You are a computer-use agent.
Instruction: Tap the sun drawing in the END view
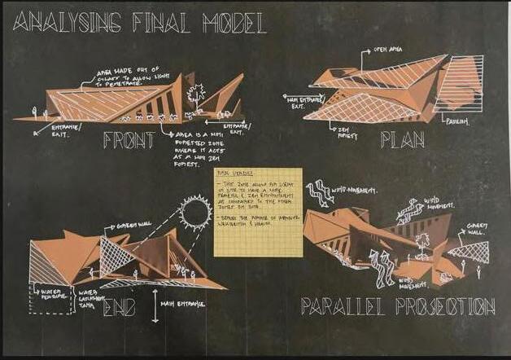(x=194, y=215)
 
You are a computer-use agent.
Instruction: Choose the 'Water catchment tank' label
(x=96, y=296)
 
